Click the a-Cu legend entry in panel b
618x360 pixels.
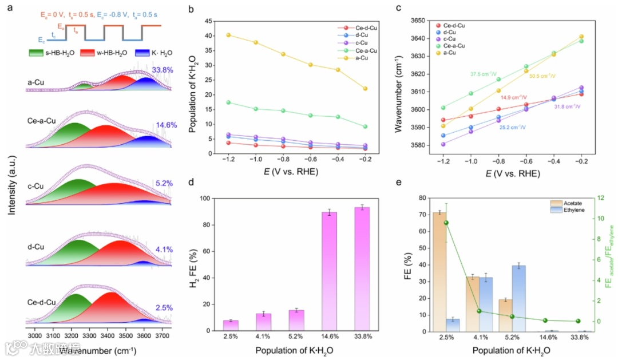[351, 58]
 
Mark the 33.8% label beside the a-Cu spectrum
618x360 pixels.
[163, 70]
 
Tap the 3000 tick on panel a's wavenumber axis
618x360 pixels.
[35, 335]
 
